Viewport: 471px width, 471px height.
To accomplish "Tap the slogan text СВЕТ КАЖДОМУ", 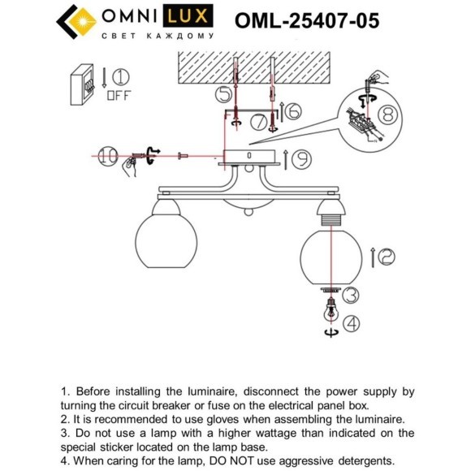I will point(157,37).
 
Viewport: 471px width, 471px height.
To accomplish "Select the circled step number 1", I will point(120,78).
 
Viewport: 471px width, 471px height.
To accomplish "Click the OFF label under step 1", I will point(119,95).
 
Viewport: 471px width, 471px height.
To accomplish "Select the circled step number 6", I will point(294,110).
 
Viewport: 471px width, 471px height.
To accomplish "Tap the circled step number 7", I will point(258,124).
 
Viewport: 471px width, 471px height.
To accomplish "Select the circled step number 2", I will point(386,257).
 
